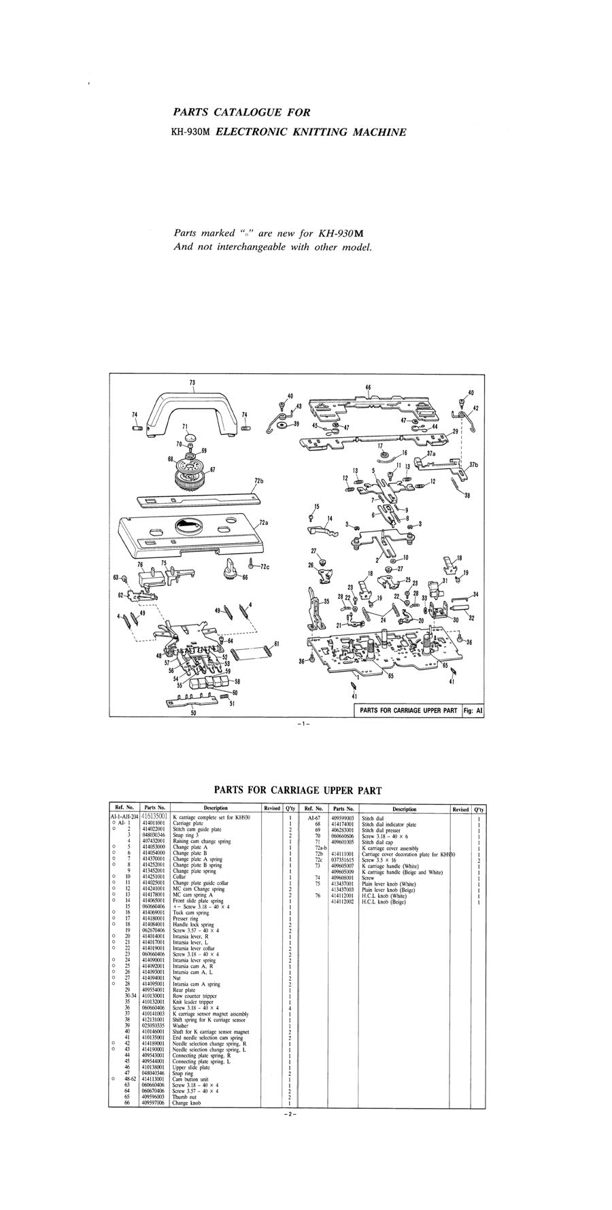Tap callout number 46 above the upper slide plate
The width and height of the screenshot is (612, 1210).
pos(368,388)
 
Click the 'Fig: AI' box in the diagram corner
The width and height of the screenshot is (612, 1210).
pos(472,710)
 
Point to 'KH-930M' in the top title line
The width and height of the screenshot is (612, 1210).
pos(192,131)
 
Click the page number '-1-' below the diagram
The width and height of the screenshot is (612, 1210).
pos(303,724)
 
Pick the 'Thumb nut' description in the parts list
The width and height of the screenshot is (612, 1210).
pos(183,964)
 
